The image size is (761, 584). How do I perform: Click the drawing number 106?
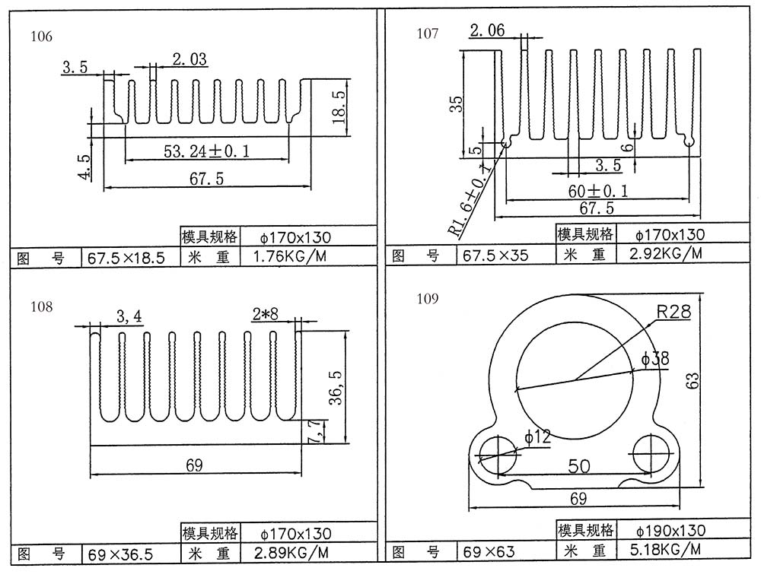coord(41,36)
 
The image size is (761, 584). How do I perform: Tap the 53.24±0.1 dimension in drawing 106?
coord(207,151)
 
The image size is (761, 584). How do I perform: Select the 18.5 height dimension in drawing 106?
coord(339,107)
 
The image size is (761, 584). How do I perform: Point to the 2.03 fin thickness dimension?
coord(189,59)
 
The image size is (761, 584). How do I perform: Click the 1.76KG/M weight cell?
coord(290,256)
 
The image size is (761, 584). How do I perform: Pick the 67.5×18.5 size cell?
coord(126,258)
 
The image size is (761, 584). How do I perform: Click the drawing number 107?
coord(427,33)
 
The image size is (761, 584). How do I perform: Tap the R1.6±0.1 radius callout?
coord(469,200)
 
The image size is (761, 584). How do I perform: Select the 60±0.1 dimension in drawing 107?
coord(598,191)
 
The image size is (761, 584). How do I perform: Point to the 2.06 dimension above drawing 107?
coord(487,30)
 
